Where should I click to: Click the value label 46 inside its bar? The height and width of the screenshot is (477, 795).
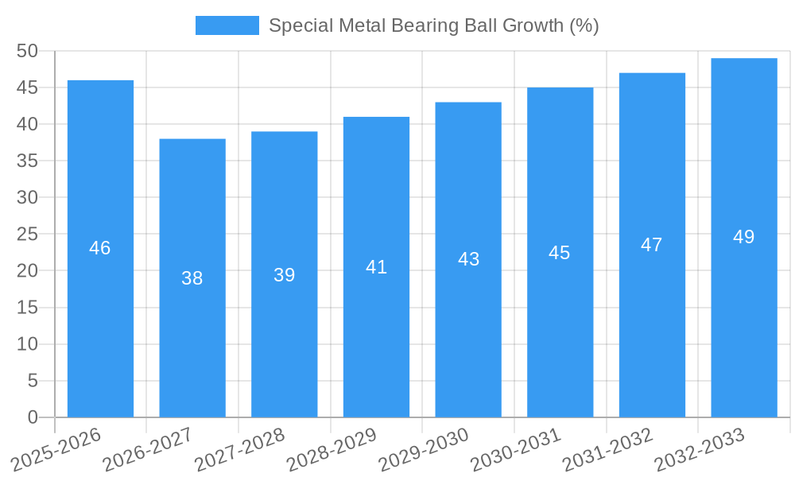pos(100,248)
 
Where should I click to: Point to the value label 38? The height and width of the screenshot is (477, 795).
pos(192,278)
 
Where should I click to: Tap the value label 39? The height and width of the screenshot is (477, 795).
pos(285,275)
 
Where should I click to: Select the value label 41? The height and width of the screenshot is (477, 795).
pos(377,267)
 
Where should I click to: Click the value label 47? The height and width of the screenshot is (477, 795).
pos(652,245)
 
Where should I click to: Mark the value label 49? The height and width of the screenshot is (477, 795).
pos(744,237)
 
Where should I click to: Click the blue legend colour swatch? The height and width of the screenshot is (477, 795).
pos(227,25)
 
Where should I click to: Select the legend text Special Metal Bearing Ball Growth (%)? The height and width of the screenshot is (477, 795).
pos(434,25)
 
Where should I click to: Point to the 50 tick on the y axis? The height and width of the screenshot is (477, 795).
pos(28,51)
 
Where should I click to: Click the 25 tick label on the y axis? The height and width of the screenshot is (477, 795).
pos(28,235)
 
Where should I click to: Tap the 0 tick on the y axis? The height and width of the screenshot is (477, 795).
pos(33,417)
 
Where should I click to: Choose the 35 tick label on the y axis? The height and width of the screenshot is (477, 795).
pos(28,161)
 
